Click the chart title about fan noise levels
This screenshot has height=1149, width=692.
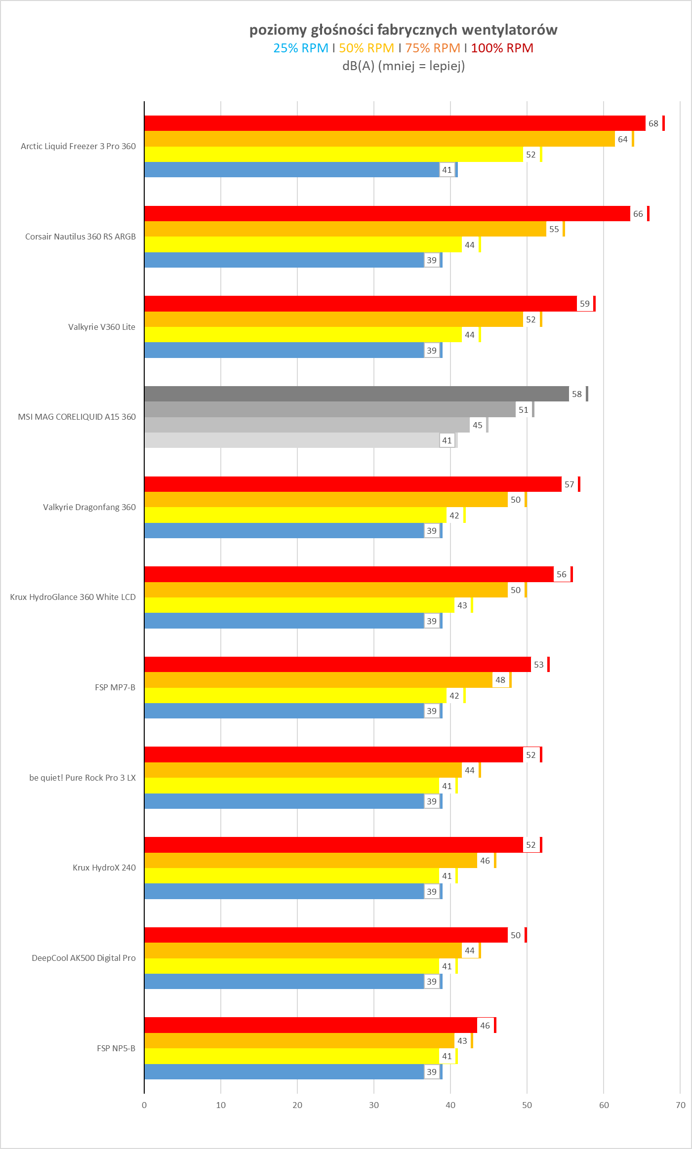tap(403, 30)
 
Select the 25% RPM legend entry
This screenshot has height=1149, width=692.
tap(300, 48)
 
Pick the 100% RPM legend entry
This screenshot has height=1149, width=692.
tap(502, 48)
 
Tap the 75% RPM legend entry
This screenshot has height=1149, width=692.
tap(432, 48)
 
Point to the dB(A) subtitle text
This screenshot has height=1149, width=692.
tap(403, 66)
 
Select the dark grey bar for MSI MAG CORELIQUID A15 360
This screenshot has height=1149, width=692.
tap(356, 394)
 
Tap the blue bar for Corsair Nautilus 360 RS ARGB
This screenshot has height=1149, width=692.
tap(284, 260)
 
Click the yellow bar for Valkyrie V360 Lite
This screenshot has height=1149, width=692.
tap(302, 335)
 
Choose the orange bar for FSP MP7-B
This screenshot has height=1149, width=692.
tap(318, 680)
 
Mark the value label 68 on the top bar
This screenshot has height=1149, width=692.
tap(653, 123)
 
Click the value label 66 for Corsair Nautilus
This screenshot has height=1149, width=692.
tap(638, 214)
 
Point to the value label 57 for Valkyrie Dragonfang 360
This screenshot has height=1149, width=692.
tap(569, 484)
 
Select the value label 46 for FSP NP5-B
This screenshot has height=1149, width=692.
tap(485, 1026)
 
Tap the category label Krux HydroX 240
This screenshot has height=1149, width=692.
tap(104, 868)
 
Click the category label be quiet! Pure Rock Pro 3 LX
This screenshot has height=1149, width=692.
tap(82, 778)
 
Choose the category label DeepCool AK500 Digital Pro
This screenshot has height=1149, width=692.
tap(83, 958)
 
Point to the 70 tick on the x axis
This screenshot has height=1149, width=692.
tap(680, 1105)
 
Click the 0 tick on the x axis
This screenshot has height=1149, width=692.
tap(144, 1105)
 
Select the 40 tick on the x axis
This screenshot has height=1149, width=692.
tap(450, 1105)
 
